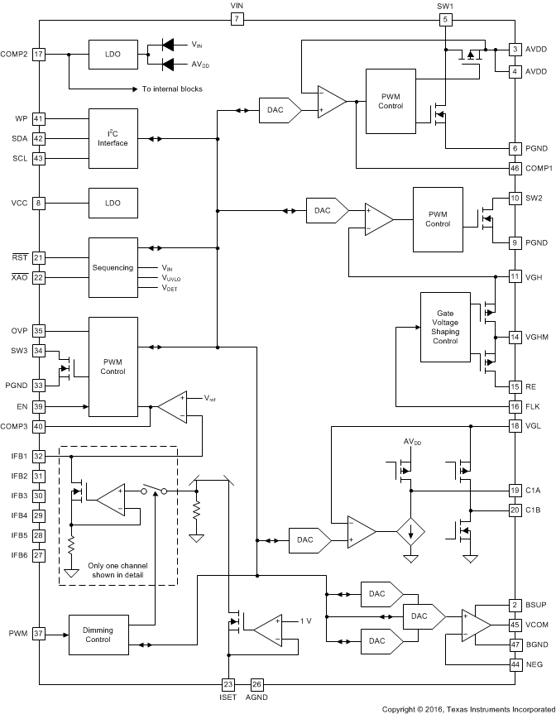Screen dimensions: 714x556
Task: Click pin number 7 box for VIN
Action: (x=237, y=19)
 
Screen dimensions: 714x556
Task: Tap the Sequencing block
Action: (x=113, y=267)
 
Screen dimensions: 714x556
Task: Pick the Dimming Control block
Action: (x=98, y=635)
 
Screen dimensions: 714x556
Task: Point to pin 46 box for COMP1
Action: (x=515, y=168)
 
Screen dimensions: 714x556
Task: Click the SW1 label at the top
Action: (x=446, y=6)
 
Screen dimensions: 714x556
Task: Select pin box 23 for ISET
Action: (x=228, y=684)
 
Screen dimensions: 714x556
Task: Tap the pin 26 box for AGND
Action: (x=256, y=684)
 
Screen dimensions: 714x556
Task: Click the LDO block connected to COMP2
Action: (x=113, y=54)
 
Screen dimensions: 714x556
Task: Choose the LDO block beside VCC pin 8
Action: (x=113, y=203)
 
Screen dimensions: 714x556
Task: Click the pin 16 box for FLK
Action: (x=515, y=406)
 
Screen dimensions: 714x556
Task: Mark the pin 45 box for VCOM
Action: (x=515, y=625)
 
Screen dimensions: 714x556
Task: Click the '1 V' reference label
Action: (x=305, y=621)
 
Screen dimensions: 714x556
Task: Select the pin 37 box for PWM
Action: (x=38, y=635)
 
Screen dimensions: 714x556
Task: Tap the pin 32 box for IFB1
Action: (x=38, y=456)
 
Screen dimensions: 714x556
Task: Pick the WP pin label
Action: (x=22, y=118)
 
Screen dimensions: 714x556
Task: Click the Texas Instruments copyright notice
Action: (x=467, y=708)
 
